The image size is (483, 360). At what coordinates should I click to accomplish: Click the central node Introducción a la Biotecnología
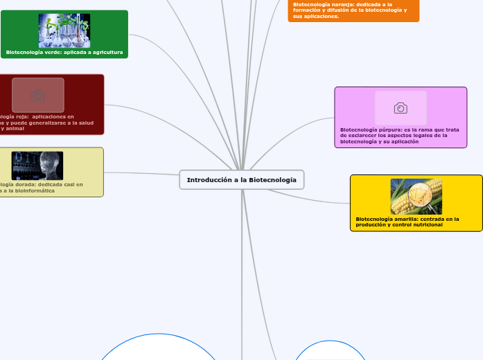(241, 179)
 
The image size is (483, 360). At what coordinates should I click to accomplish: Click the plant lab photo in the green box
(64, 30)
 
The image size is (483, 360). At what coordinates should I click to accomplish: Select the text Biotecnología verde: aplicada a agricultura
(64, 52)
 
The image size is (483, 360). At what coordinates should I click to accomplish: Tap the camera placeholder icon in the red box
(38, 95)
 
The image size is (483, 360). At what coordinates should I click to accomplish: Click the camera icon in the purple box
(401, 108)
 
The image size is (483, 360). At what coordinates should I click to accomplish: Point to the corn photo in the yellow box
(416, 197)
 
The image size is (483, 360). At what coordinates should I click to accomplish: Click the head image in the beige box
(37, 165)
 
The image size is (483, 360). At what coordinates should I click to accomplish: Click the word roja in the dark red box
(17, 117)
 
